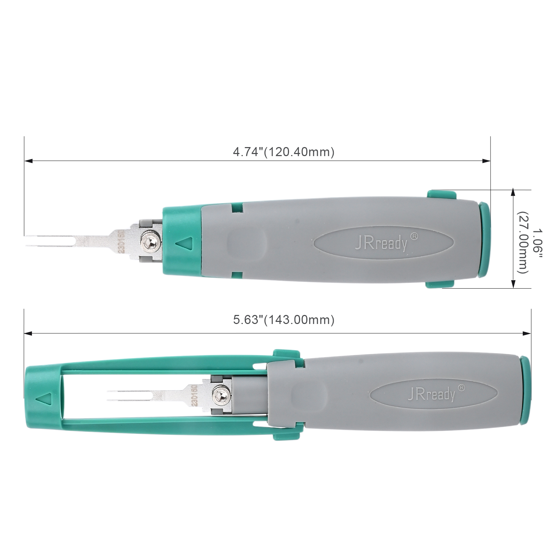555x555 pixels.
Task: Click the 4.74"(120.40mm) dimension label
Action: [283, 152]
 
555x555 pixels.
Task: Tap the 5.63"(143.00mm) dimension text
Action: [284, 319]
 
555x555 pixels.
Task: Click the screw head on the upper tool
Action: [150, 241]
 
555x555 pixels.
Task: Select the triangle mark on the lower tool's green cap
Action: [43, 397]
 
